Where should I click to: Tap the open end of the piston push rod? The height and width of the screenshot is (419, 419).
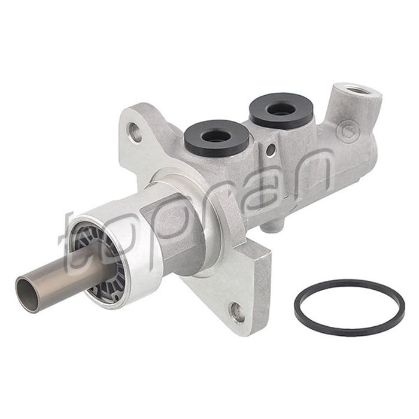[28, 292]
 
